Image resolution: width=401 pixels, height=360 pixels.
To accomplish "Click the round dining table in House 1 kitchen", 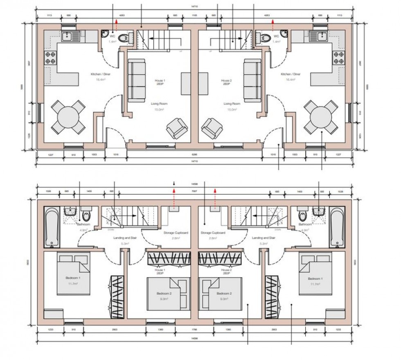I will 68,118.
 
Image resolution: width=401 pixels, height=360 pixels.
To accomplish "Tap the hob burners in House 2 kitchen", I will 340,57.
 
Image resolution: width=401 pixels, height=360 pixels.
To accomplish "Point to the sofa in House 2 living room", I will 253,80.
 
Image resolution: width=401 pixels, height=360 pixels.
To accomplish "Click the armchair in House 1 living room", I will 177,128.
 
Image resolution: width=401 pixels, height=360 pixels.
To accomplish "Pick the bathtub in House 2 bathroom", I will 339,227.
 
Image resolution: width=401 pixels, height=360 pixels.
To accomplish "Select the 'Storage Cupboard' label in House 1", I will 176,233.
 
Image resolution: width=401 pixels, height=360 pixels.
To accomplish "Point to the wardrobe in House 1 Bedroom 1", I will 116,294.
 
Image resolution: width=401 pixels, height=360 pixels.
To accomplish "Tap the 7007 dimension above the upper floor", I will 194,191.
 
